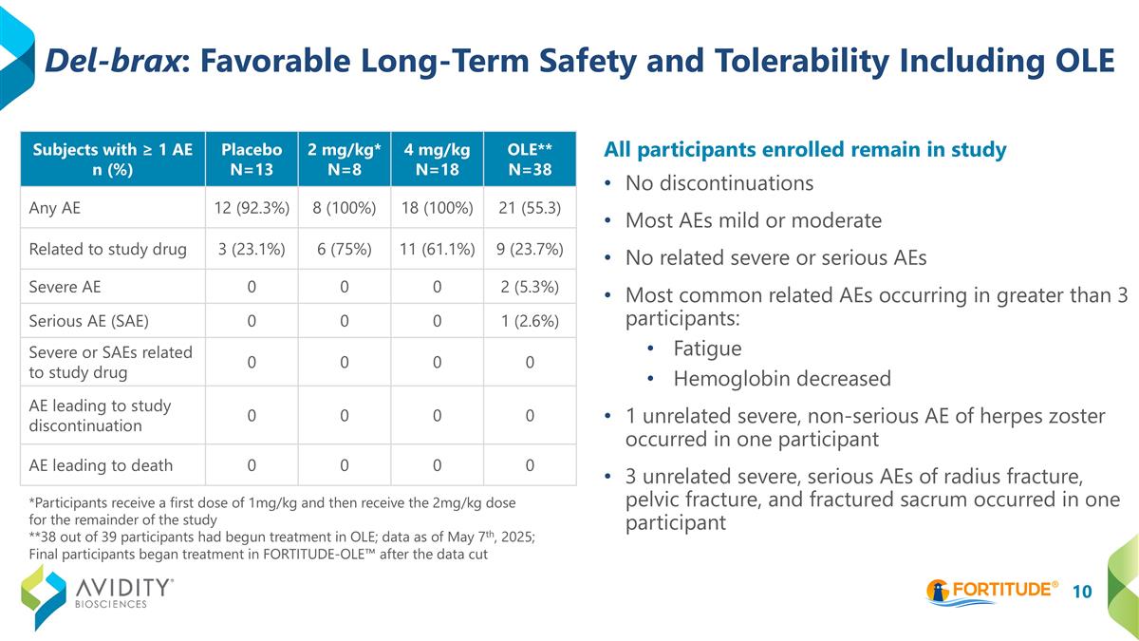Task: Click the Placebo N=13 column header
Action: [x=251, y=159]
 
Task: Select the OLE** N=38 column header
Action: [x=530, y=159]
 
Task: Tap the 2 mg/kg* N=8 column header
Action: [x=344, y=159]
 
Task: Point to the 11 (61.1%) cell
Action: [x=436, y=249]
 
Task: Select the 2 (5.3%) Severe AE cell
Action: [x=530, y=286]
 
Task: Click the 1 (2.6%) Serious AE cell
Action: [x=530, y=322]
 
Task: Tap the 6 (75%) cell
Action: [x=344, y=249]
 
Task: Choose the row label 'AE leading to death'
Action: [x=101, y=465]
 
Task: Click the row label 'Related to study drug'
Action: [x=108, y=249]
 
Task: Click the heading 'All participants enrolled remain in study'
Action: [x=805, y=150]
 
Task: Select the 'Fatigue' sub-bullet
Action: [x=707, y=348]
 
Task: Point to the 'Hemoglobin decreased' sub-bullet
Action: [x=781, y=379]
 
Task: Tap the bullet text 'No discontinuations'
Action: [x=719, y=182]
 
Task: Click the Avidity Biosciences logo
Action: [x=98, y=594]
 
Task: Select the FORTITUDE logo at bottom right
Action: [x=992, y=590]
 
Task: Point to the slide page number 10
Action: [x=1082, y=592]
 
